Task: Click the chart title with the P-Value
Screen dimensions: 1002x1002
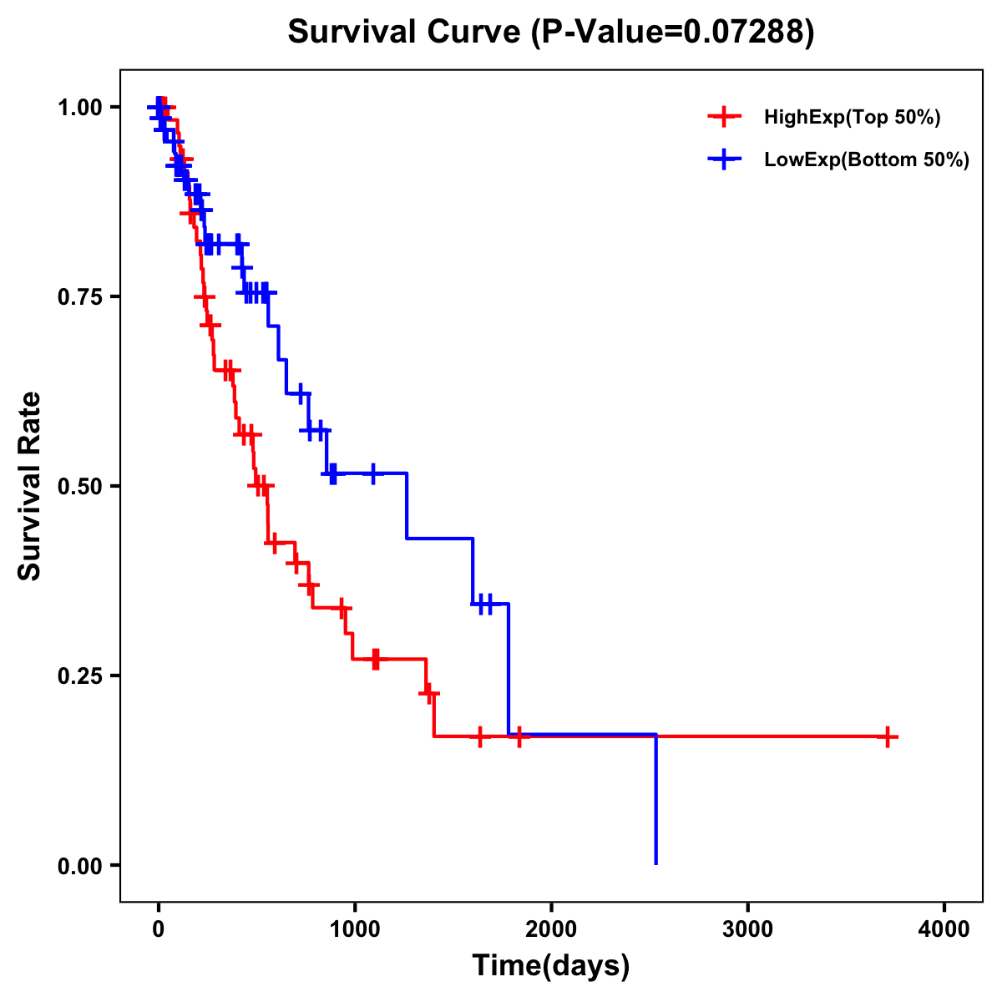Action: pyautogui.click(x=550, y=33)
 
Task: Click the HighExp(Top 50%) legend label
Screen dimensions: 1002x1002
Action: pyautogui.click(x=853, y=118)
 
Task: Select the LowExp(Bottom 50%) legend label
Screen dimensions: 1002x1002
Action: pyautogui.click(x=867, y=160)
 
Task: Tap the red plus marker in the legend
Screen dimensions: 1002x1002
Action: pyautogui.click(x=724, y=118)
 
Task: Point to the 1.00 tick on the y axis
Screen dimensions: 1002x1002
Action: pyautogui.click(x=83, y=108)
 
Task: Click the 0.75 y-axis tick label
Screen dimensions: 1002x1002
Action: pyautogui.click(x=83, y=297)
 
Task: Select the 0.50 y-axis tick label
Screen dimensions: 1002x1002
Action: pyautogui.click(x=83, y=487)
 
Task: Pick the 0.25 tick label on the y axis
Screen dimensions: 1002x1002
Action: pyautogui.click(x=83, y=676)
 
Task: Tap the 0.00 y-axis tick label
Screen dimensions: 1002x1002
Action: pyautogui.click(x=83, y=866)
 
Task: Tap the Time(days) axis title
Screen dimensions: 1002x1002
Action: pyautogui.click(x=551, y=966)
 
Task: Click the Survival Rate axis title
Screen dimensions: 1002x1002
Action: pyautogui.click(x=30, y=486)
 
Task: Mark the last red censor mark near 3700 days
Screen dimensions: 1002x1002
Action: pyautogui.click(x=888, y=736)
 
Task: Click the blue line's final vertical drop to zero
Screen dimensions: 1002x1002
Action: pyautogui.click(x=656, y=802)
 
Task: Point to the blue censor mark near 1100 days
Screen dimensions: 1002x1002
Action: pyautogui.click(x=372, y=473)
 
